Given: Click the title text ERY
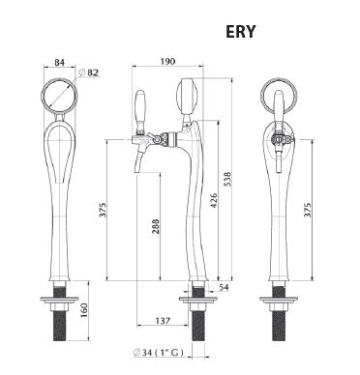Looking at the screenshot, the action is [241, 32].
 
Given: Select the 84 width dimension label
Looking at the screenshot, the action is [59, 62].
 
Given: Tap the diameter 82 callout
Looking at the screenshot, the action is [89, 73].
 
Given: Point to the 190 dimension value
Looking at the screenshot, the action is [167, 61].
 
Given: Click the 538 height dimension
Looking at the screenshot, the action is [227, 181].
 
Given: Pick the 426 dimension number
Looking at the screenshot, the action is [214, 200].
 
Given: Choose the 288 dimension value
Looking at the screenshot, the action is [156, 227].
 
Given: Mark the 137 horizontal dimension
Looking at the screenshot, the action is [163, 321].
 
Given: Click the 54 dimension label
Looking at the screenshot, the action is [224, 287].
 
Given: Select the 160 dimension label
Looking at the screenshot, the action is [84, 310].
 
